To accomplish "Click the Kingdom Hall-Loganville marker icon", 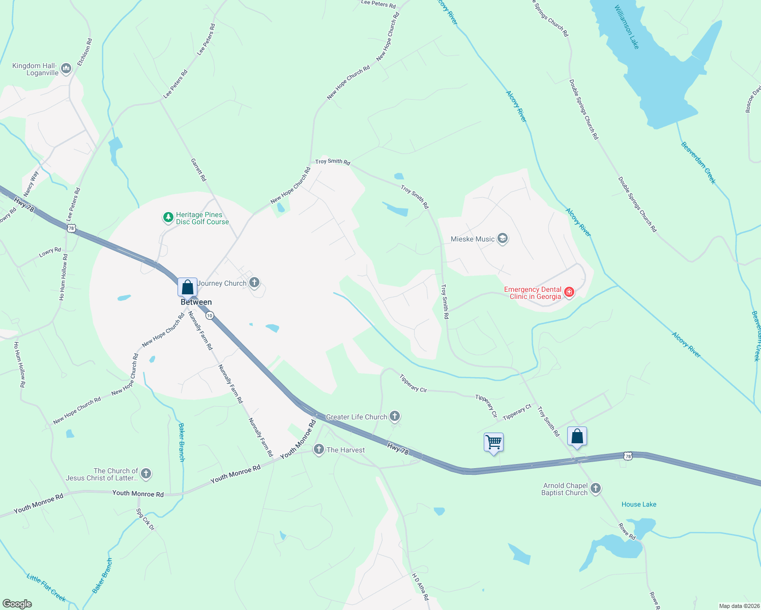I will click(66, 68).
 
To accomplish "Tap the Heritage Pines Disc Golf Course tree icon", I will click(168, 218).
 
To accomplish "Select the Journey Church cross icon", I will click(254, 283).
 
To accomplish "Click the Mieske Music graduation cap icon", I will click(503, 238).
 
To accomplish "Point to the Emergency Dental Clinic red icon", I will click(569, 292).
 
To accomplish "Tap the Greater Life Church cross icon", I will click(395, 416).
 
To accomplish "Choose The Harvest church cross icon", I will click(318, 449).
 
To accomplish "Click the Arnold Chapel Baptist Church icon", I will click(595, 489).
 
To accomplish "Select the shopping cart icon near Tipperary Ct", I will click(493, 442).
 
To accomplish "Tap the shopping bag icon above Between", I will click(187, 287).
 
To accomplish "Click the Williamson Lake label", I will click(626, 27).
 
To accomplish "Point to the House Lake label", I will click(639, 504).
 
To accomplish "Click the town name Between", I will click(196, 302).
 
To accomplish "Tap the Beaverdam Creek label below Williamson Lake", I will click(698, 163).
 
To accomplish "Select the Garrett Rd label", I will click(198, 170).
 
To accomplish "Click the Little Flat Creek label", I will click(46, 588).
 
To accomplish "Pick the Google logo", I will click(17, 604).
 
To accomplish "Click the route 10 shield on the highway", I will click(210, 316).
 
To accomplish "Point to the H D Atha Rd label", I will click(420, 587).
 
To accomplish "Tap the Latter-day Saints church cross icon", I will click(146, 474).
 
